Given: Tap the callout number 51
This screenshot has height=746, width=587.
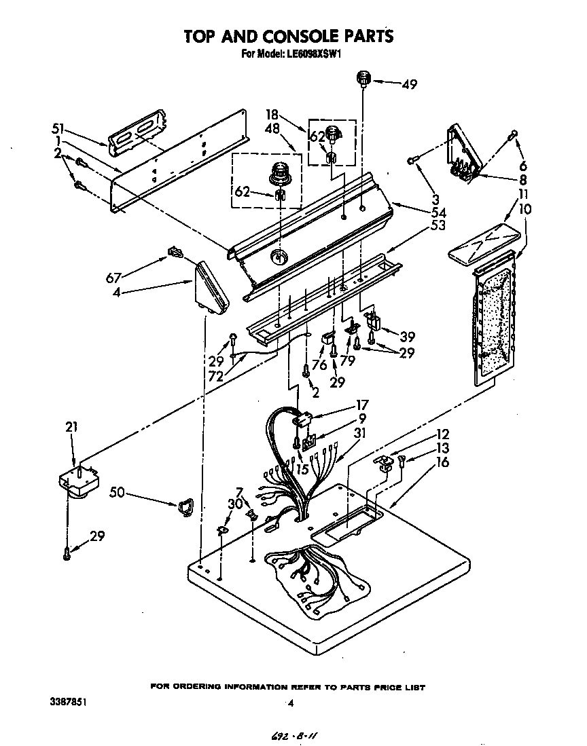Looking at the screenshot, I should click(58, 128).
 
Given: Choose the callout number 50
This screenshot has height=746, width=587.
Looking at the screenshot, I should click(117, 492).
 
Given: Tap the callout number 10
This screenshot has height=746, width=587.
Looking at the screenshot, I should click(525, 208).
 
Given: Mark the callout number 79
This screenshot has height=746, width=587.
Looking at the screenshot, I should click(348, 360).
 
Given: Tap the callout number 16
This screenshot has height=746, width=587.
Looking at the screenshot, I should click(442, 462).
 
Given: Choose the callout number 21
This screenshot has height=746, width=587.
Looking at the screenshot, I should click(72, 427).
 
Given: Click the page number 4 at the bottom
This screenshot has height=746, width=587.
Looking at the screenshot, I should click(290, 704).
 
